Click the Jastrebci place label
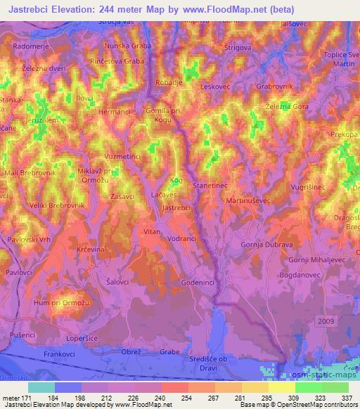[x=176, y=209]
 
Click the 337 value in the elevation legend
[x=347, y=398]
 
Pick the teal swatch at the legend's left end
[x=41, y=387]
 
